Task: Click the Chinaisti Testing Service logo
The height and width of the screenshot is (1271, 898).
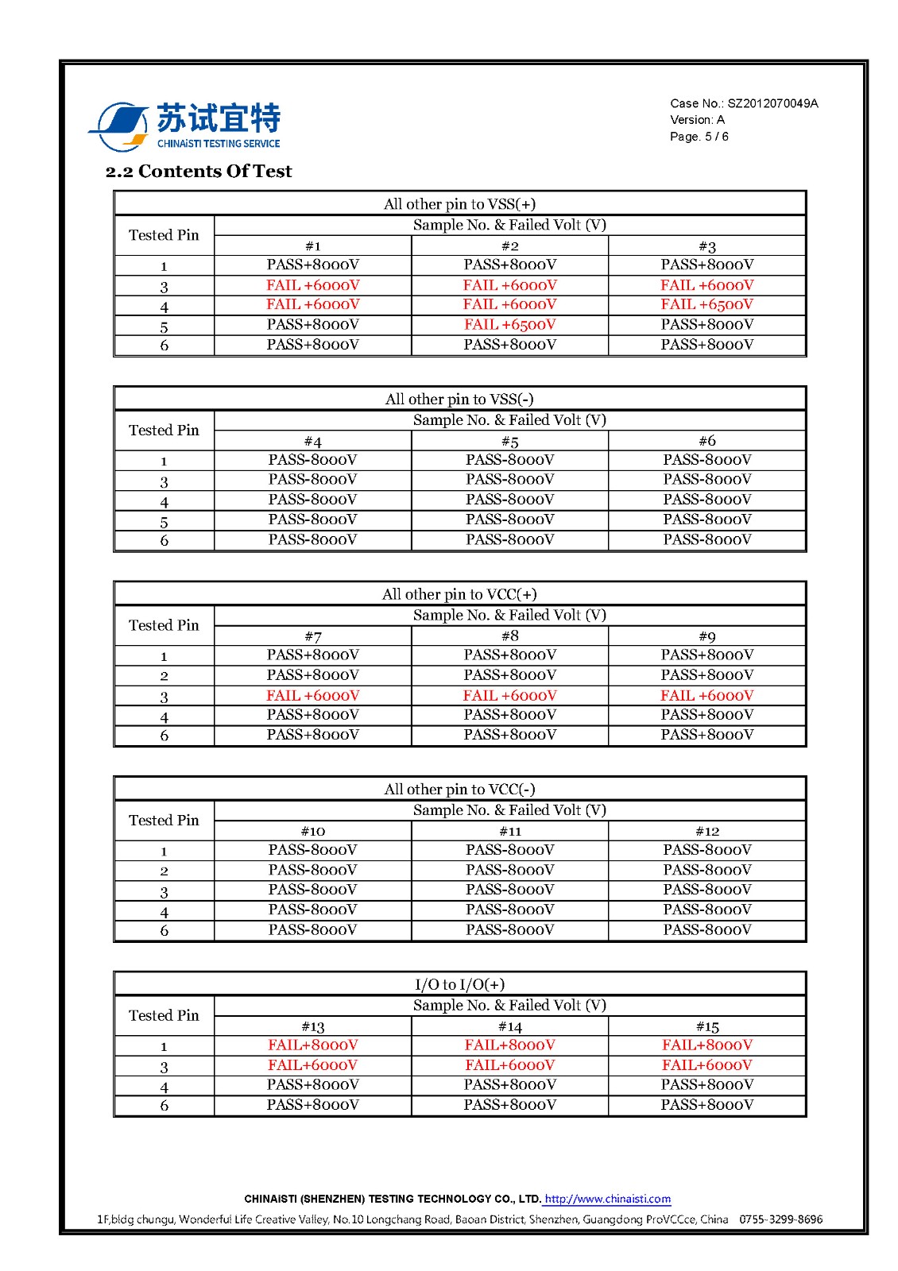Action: pos(184,126)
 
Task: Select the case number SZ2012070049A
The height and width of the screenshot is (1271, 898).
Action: pos(772,103)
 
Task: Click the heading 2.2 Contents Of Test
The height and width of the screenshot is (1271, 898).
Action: pos(199,172)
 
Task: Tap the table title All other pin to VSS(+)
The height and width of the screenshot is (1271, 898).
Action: pos(459,204)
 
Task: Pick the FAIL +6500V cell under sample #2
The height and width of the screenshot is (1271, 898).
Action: pos(509,324)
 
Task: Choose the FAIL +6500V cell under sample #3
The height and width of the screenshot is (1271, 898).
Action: pos(706,304)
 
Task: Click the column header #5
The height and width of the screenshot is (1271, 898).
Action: pos(509,441)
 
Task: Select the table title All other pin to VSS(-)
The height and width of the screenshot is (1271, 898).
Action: pos(459,399)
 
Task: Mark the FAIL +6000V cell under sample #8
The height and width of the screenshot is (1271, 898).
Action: pos(509,695)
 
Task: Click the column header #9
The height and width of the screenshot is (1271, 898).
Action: pos(706,636)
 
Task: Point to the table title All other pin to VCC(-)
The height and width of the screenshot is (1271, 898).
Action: pos(459,789)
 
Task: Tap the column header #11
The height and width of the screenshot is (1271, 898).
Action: pos(509,831)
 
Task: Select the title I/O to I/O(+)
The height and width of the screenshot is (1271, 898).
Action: pos(459,984)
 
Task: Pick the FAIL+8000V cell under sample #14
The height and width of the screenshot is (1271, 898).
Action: pos(509,1045)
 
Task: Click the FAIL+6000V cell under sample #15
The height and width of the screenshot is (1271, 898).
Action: pos(706,1064)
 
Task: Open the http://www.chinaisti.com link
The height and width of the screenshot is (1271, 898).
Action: pos(607,1199)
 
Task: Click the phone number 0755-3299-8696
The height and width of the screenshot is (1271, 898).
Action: pos(780,1219)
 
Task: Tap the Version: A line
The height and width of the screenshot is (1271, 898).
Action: pos(697,120)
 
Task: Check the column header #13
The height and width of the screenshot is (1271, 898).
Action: pos(312,1026)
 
